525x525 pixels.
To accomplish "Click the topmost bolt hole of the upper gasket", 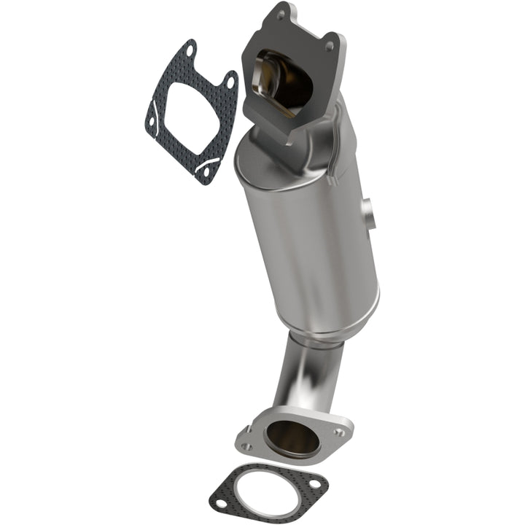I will point(189,52).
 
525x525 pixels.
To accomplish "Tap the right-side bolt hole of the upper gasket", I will point(230,83).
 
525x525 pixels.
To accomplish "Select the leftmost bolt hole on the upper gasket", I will point(151,125).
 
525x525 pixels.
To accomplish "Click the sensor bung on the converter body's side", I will point(370,213).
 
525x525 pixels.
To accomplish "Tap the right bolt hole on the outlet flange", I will point(340,432).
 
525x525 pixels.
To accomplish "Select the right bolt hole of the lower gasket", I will point(314,483).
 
